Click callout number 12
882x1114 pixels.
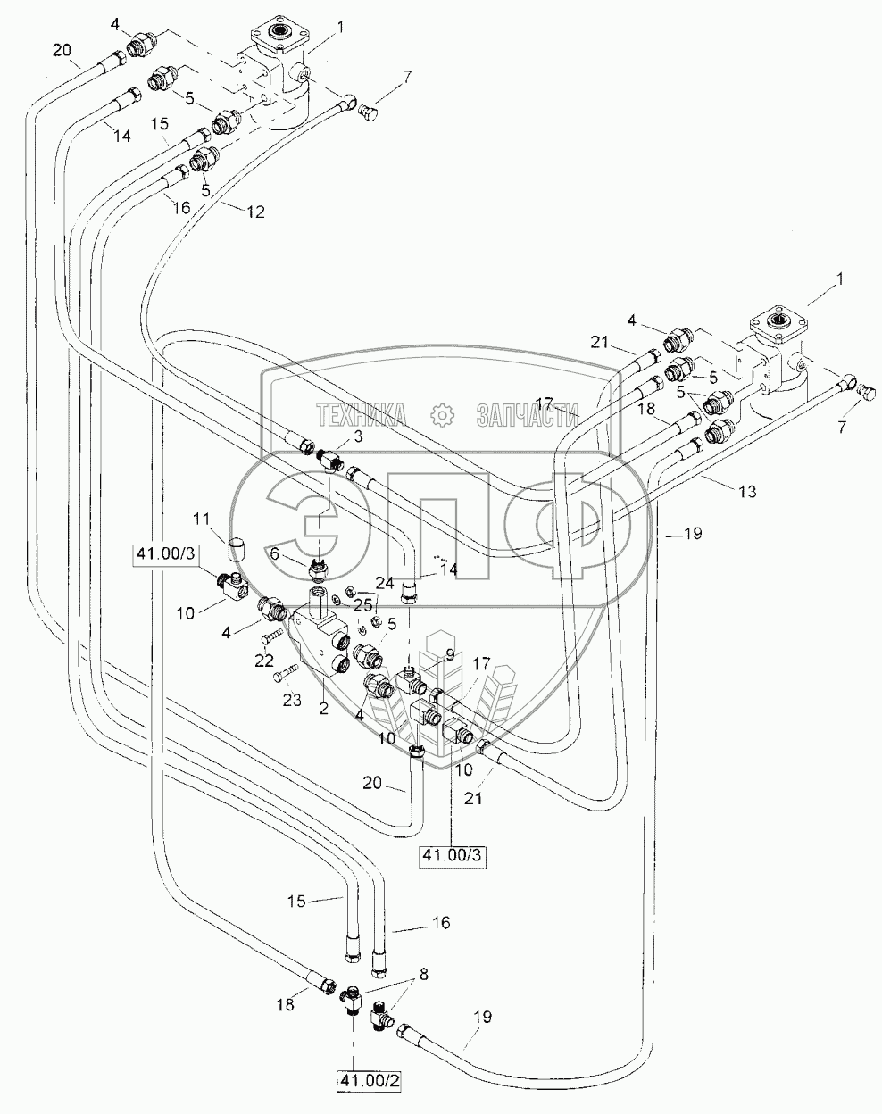coord(256,212)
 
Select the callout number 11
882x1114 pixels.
coord(202,518)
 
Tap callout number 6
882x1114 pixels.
coord(275,553)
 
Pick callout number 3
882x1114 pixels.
coord(357,436)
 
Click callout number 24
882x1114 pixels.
coord(385,583)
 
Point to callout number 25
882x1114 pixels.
coord(362,605)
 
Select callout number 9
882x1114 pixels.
coord(450,653)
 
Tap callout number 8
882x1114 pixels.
coord(422,976)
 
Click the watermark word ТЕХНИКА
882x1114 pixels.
coord(360,414)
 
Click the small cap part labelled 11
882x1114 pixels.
coord(235,545)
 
